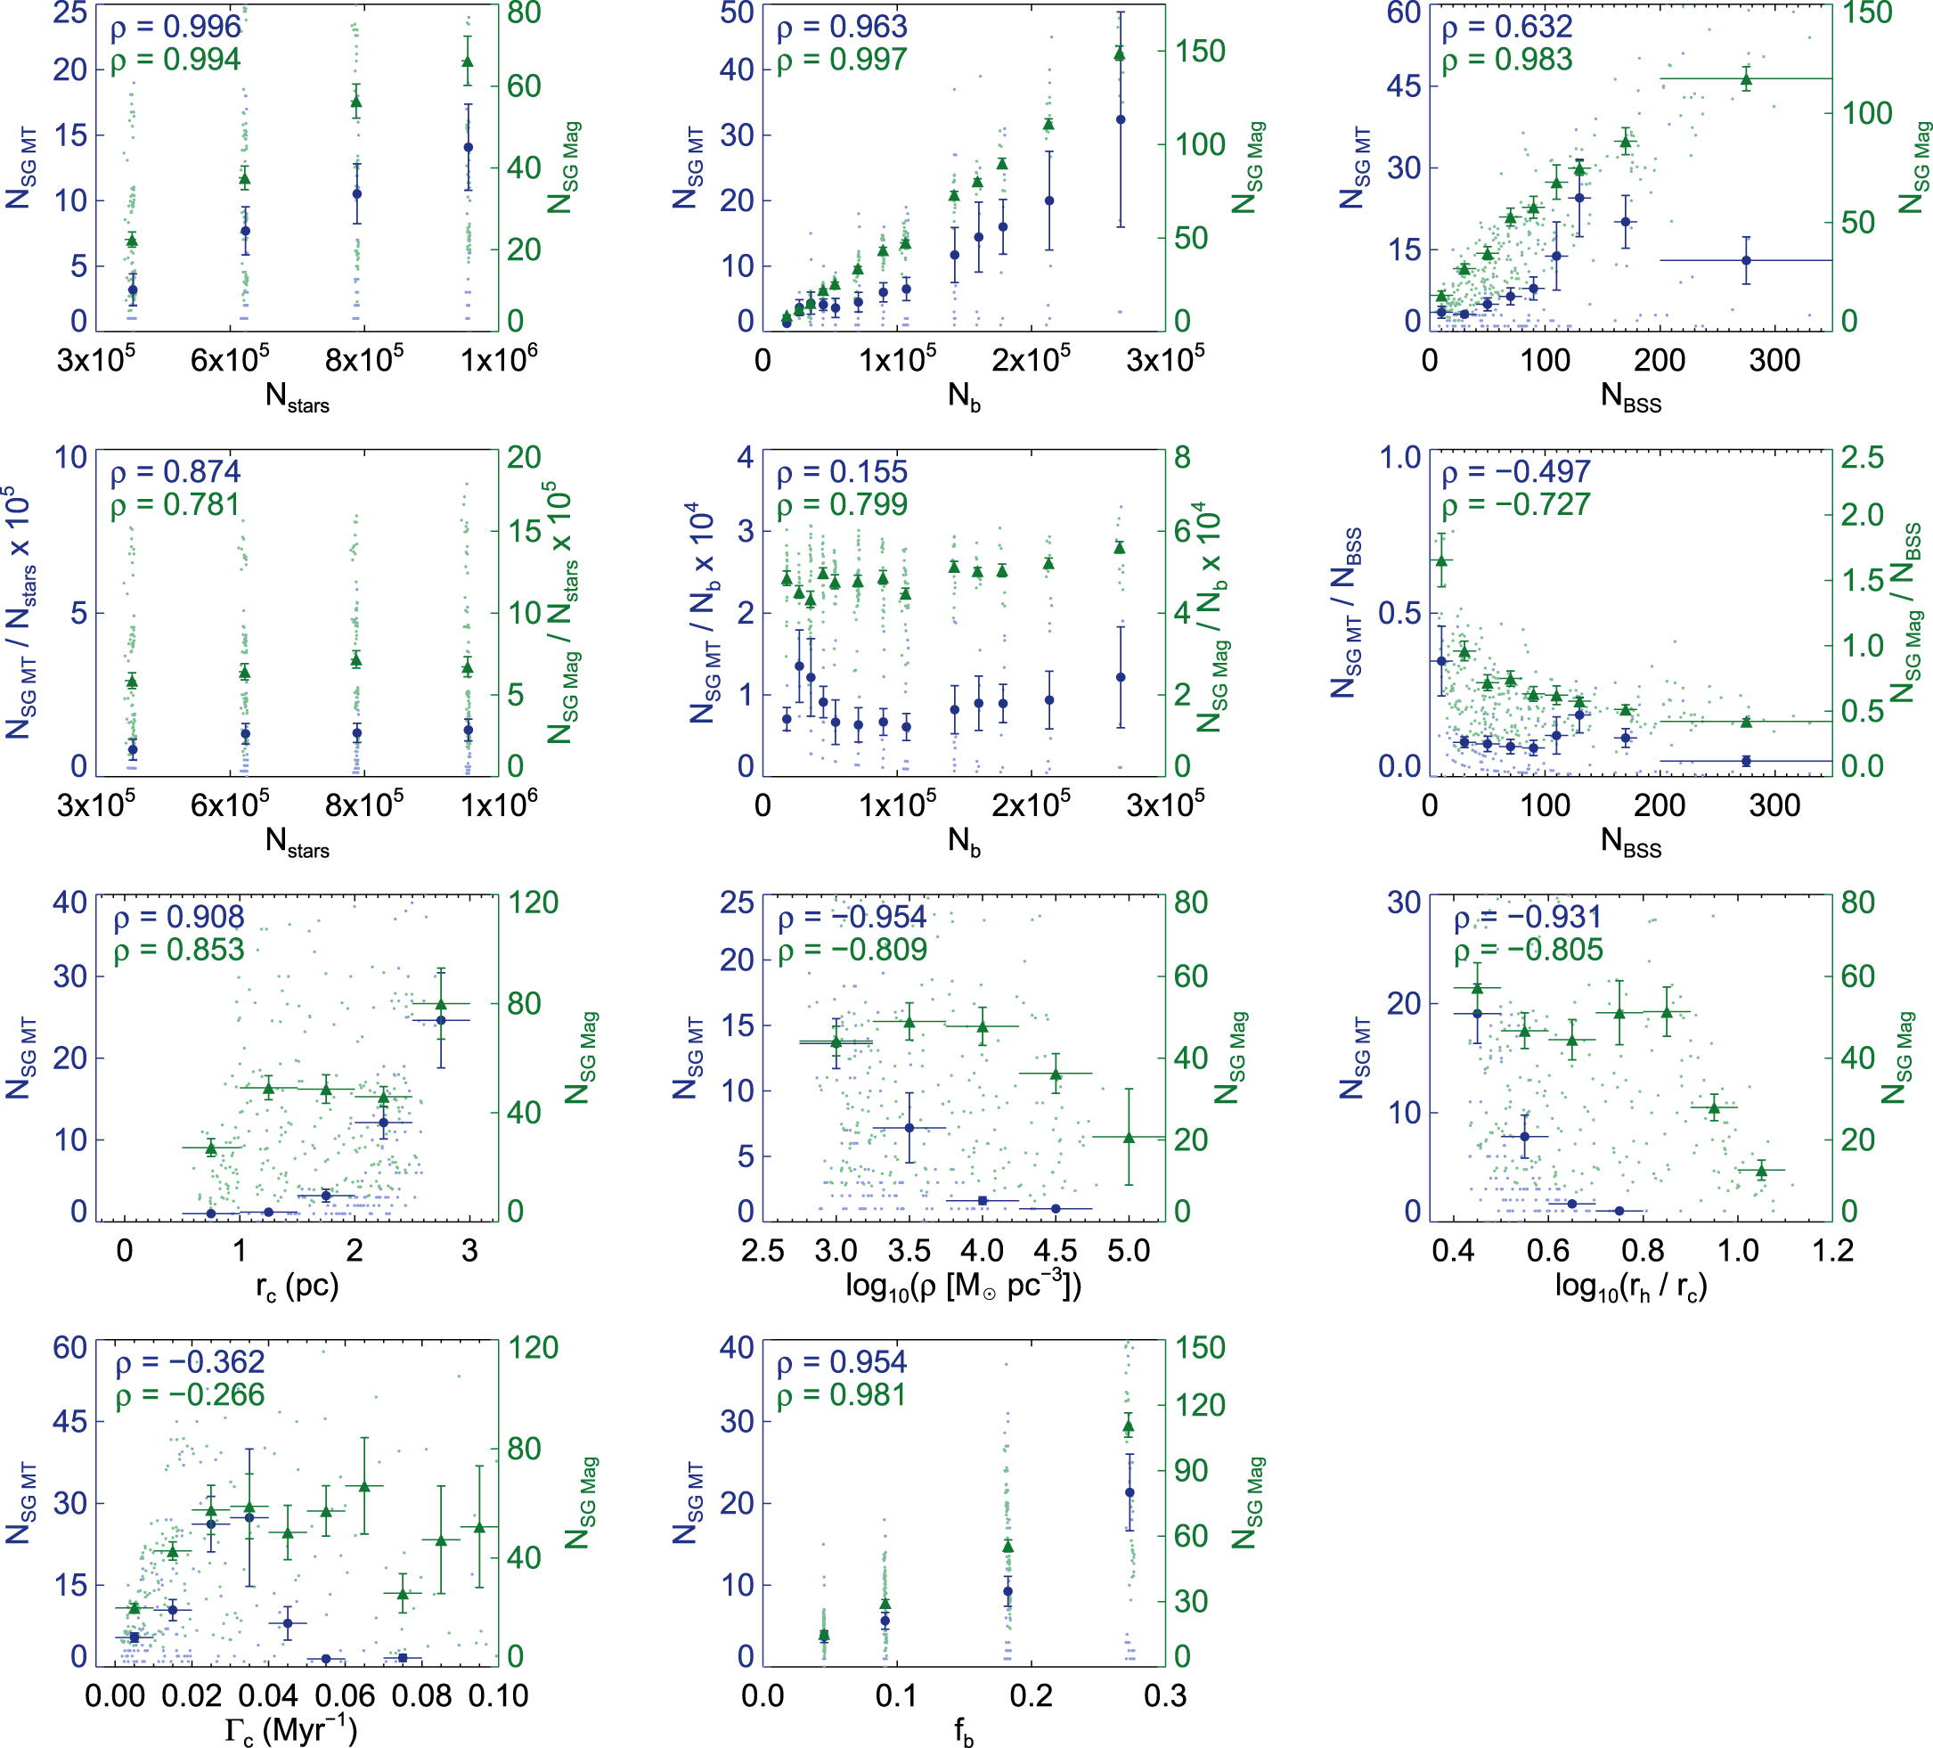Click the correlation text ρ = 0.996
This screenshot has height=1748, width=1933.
click(175, 27)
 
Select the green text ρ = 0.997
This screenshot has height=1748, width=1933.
click(842, 60)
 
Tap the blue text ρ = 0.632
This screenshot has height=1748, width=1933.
click(1507, 27)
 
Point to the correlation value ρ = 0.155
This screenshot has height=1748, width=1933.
click(842, 472)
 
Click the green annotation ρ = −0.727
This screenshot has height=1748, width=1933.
click(1516, 504)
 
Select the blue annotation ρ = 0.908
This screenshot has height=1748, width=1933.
click(178, 917)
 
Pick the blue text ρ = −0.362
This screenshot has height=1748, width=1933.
click(190, 1361)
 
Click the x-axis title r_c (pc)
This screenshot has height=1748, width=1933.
click(298, 1286)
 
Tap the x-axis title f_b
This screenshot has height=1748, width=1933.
click(964, 1732)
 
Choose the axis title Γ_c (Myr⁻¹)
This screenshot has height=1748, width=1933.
click(291, 1731)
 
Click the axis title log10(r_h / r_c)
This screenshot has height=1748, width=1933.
click(1630, 1286)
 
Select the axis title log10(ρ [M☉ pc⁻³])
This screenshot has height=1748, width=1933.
click(964, 1286)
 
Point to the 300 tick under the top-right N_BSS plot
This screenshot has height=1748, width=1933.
click(1774, 361)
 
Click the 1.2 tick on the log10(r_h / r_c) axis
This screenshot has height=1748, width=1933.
click(1832, 1250)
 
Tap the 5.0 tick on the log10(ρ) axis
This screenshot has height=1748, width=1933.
click(1129, 1250)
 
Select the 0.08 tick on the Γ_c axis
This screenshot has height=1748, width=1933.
click(422, 1695)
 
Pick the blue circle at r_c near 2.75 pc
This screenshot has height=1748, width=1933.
click(441, 1020)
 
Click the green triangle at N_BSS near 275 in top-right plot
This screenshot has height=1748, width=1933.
click(1746, 78)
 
